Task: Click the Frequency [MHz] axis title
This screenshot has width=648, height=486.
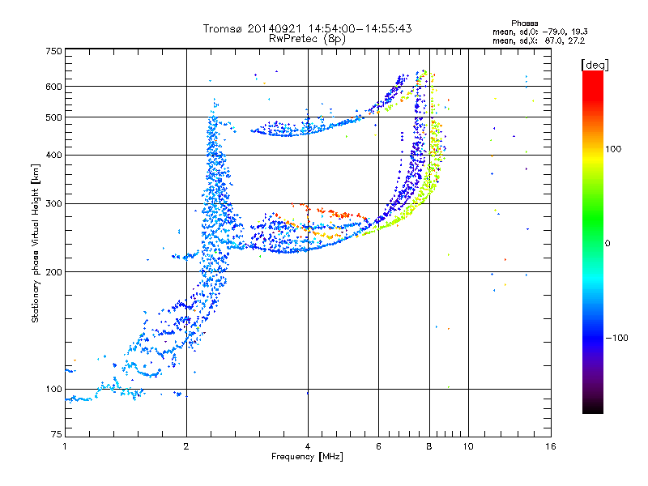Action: [308, 458]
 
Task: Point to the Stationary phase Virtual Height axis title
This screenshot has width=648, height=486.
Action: [36, 243]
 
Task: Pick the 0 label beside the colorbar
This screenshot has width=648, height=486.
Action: [609, 243]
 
